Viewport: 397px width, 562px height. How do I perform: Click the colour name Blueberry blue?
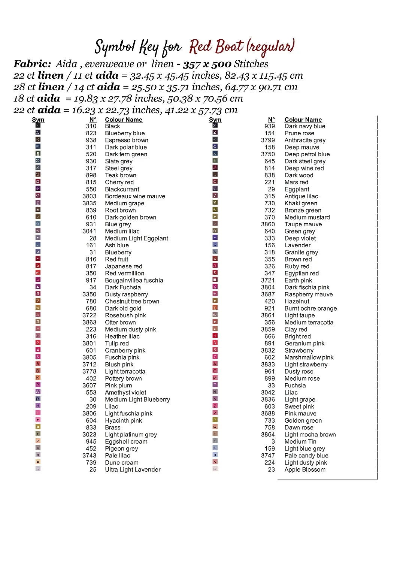[125, 133]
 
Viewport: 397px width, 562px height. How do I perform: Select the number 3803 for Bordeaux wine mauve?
[90, 196]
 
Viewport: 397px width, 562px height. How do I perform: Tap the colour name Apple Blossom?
[305, 470]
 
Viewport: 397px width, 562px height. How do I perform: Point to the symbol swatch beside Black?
[38, 126]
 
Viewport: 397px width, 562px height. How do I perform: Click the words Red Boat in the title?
[216, 47]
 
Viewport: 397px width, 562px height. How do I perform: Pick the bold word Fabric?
[32, 64]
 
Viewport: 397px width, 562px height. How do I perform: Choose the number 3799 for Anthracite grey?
[268, 140]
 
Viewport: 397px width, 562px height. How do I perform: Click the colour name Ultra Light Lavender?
[133, 470]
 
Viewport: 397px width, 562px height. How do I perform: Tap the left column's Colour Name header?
[124, 120]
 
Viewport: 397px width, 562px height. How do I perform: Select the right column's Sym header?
[215, 120]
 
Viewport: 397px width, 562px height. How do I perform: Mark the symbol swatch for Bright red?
[215, 336]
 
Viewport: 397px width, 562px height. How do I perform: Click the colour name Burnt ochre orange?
[310, 308]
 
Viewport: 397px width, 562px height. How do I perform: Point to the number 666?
[270, 336]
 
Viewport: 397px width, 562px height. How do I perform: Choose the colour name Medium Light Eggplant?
[136, 238]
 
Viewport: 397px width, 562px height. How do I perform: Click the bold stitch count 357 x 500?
[207, 64]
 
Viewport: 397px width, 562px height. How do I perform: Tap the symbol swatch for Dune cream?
[38, 462]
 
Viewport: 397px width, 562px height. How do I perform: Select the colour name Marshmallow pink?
[309, 357]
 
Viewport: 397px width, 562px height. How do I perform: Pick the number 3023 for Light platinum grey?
[90, 435]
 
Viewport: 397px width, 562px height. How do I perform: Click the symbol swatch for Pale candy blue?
[215, 455]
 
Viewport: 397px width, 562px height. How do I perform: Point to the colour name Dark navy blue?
[305, 126]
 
